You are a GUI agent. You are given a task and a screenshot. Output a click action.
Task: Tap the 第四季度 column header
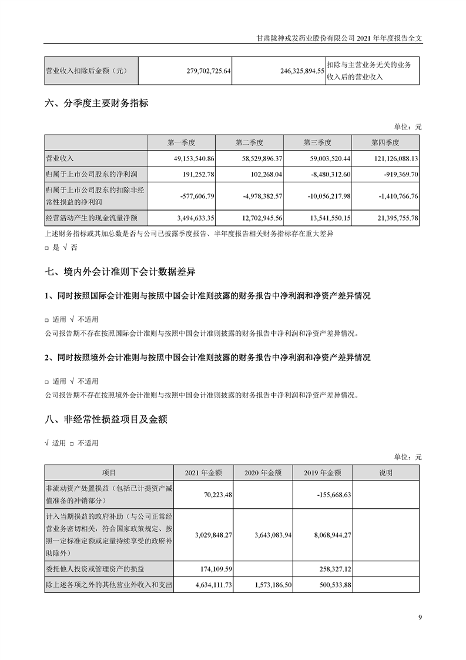[x=385, y=142]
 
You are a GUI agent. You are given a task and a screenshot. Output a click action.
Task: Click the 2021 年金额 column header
[x=203, y=472]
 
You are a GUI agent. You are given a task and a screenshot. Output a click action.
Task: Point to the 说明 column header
[x=385, y=472]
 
